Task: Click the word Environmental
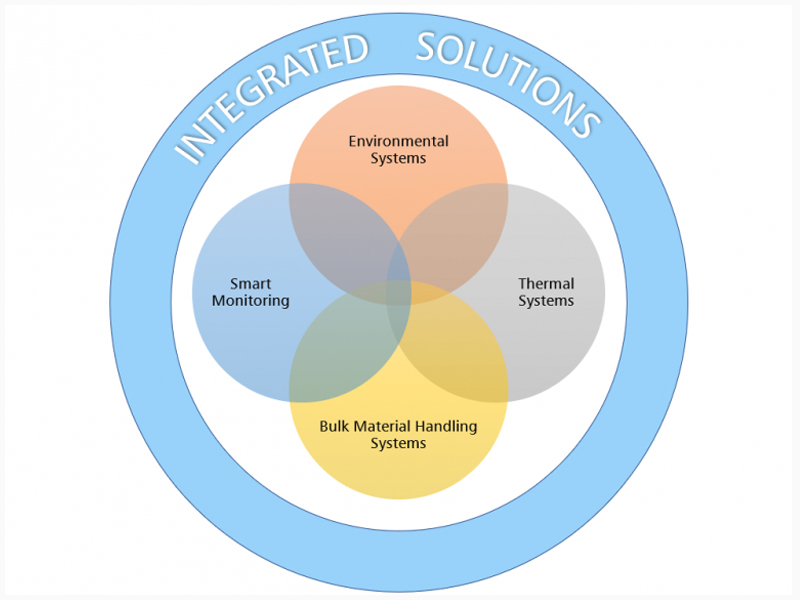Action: (x=398, y=141)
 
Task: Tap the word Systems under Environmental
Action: (x=398, y=158)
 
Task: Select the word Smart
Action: (x=250, y=283)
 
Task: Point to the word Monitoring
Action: (x=251, y=301)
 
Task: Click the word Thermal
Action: (x=546, y=283)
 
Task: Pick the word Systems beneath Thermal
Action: (x=546, y=301)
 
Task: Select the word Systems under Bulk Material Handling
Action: (x=398, y=443)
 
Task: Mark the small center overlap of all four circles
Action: (x=398, y=293)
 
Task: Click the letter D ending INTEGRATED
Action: (x=354, y=49)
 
